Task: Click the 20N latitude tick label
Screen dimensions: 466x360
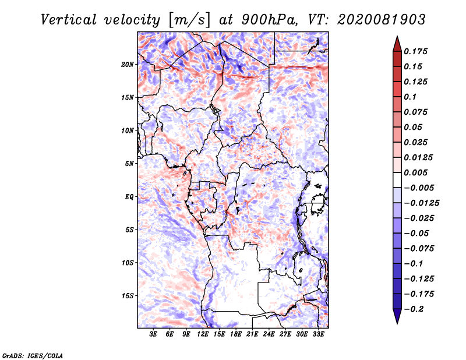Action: [x=128, y=65]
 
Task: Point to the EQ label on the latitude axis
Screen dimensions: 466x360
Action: [x=129, y=197]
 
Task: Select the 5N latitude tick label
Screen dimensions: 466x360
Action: [x=129, y=164]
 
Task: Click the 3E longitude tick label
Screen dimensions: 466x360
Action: [x=153, y=334]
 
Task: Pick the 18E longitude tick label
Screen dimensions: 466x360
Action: [x=236, y=334]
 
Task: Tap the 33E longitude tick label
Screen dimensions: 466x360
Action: [x=318, y=334]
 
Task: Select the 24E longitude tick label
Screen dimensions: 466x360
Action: [x=269, y=334]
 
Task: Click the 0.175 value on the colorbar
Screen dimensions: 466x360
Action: [x=415, y=51]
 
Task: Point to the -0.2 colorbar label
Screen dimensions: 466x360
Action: [x=414, y=309]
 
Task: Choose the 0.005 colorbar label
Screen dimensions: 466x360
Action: [x=415, y=172]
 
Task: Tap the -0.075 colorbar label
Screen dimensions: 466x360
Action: [x=419, y=249]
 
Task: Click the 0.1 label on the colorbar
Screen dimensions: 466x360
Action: [x=410, y=97]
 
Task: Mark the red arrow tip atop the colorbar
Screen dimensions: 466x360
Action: [x=397, y=37]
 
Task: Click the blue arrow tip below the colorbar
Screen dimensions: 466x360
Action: [x=397, y=323]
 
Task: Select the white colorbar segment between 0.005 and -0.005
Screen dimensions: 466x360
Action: [x=397, y=180]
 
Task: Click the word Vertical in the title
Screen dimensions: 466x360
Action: [x=69, y=20]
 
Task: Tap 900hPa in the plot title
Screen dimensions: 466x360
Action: [x=269, y=20]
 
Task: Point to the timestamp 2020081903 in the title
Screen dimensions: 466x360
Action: [x=382, y=20]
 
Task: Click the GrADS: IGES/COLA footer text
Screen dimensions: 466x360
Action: [x=33, y=356]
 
